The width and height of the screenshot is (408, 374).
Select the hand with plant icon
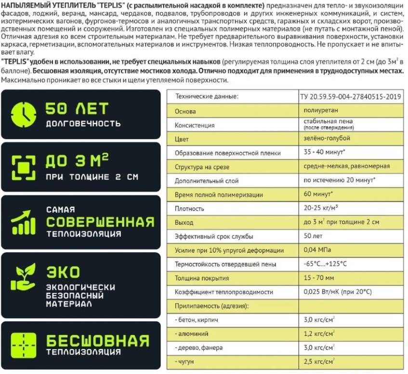(x=23, y=278)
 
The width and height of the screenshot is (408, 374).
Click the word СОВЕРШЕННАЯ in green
(x=100, y=222)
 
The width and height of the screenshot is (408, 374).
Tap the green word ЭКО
(x=63, y=272)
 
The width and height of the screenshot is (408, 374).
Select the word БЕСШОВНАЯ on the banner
(x=98, y=341)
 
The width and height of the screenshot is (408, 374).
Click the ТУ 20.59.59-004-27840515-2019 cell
(x=351, y=96)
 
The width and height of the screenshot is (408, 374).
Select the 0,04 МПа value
(x=317, y=250)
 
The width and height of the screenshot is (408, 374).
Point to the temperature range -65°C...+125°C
(x=326, y=264)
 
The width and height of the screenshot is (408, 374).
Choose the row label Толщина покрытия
(x=198, y=278)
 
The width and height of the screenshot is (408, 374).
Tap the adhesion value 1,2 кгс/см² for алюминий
(x=319, y=333)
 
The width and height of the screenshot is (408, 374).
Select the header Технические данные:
(x=207, y=96)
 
